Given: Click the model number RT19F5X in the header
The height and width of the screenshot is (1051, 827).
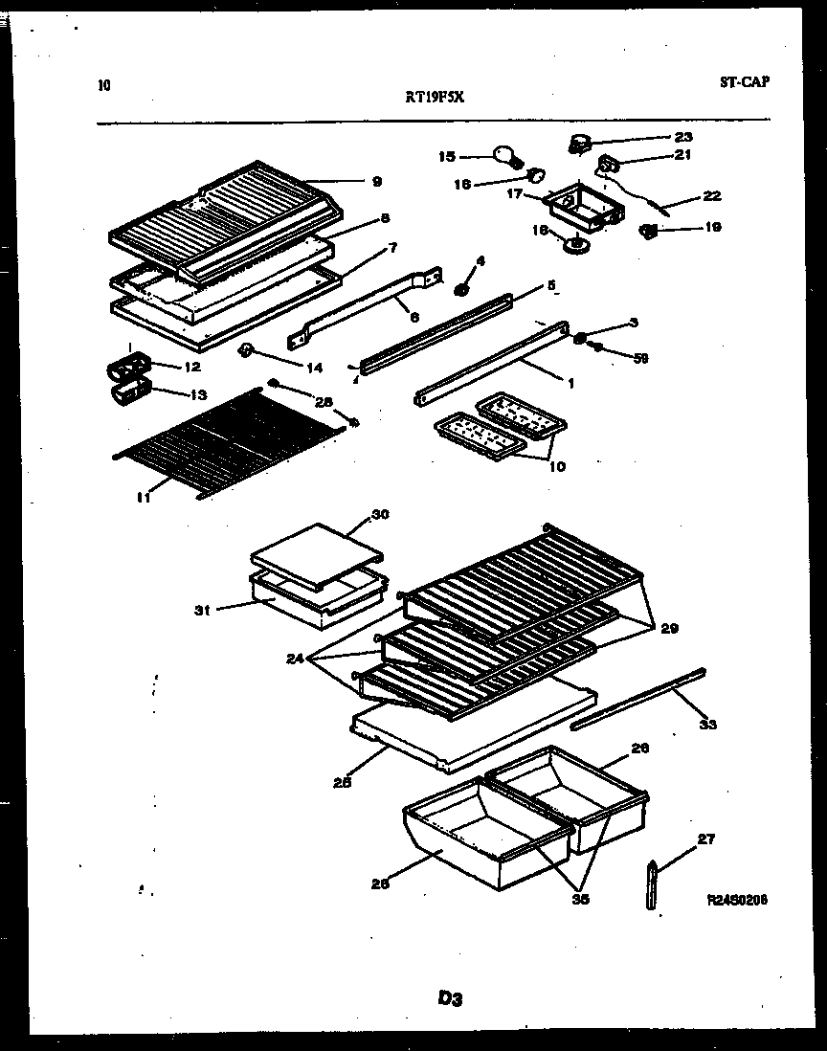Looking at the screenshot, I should pos(436,96).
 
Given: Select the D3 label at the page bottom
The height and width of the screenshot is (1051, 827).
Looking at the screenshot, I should pos(451,998).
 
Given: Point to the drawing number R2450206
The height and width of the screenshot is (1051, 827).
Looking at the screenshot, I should pos(737,900).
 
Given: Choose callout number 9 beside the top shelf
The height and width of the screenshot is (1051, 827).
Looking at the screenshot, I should pos(376,181).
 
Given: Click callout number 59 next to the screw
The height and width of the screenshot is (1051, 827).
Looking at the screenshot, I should pos(640,358).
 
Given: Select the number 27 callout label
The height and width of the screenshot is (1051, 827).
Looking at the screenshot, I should pos(705,839).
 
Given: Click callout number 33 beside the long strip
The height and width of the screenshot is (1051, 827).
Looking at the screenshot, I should pos(707,725).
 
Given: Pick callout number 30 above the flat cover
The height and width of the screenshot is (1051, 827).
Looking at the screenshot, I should pos(380,514).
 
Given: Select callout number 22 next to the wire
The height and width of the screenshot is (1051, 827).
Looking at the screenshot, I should pos(711,196).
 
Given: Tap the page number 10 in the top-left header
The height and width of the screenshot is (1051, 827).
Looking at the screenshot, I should pos(104,85).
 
